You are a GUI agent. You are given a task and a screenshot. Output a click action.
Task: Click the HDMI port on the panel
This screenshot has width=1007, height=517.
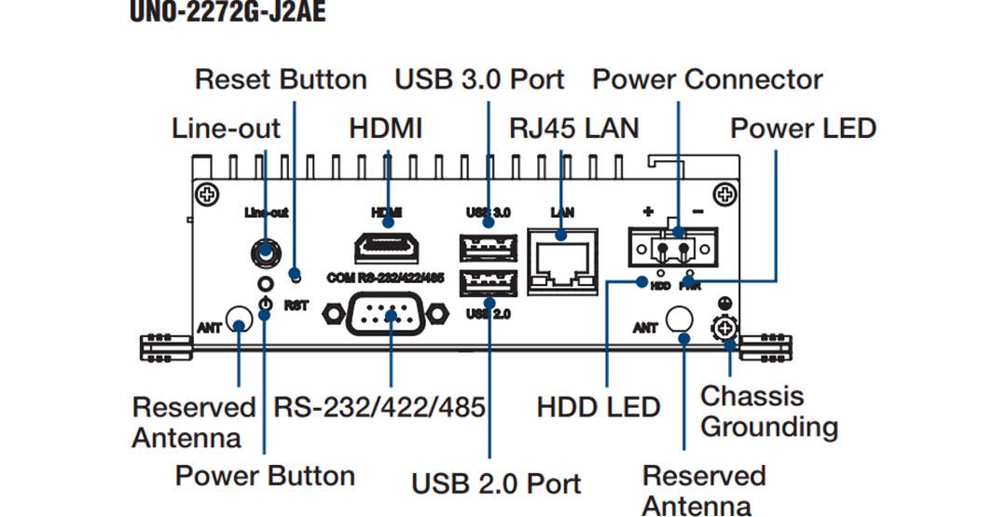(387, 249)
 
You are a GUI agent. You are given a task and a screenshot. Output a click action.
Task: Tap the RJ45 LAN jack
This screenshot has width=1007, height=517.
(562, 260)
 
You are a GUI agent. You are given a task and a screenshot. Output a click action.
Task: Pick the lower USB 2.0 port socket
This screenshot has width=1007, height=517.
(488, 282)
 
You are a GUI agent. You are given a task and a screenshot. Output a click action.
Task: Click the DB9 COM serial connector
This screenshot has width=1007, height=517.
(386, 315)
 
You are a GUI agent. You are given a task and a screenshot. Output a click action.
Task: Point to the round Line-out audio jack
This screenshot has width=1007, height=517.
(266, 251)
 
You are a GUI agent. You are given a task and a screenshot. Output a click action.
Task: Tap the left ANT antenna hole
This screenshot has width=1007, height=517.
(240, 326)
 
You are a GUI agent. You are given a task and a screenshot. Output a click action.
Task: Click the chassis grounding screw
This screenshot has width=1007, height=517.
(724, 328)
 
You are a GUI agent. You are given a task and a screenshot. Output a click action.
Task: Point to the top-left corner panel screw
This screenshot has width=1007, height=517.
(204, 194)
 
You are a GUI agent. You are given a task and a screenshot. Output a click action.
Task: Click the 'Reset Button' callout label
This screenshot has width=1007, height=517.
(280, 79)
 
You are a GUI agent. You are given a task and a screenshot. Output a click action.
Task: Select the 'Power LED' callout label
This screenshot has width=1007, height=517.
(802, 128)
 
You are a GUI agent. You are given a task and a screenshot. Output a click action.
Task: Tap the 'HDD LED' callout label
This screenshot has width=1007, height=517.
(598, 407)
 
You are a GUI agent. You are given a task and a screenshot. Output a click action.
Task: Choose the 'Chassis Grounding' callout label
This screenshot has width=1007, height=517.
(768, 411)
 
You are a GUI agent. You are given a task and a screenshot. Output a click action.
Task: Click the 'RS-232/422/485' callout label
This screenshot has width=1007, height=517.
(379, 407)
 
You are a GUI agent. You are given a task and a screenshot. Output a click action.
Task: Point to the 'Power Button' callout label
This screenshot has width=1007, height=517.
(265, 476)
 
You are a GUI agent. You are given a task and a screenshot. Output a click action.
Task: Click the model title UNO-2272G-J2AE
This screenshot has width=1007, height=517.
(228, 14)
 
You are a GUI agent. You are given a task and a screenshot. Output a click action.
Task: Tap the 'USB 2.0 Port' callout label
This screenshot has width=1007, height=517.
(496, 483)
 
